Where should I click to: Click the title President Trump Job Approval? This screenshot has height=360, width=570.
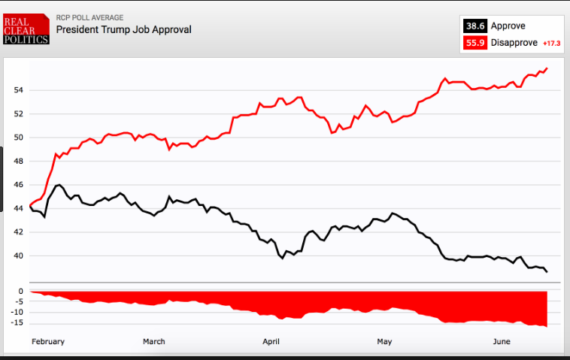click(124, 29)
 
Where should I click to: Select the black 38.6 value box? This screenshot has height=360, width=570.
click(474, 26)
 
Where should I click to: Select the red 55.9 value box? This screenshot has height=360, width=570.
click(474, 43)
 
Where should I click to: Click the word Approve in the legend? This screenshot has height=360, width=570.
click(508, 26)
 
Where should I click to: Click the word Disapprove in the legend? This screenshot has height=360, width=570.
click(514, 43)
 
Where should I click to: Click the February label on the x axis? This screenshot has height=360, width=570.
click(48, 341)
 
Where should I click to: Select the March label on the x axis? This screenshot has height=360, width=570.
click(154, 341)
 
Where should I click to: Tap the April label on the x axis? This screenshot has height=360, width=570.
click(271, 341)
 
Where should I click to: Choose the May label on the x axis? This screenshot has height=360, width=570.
click(384, 341)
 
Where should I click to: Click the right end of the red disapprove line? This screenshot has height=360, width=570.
click(547, 68)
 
